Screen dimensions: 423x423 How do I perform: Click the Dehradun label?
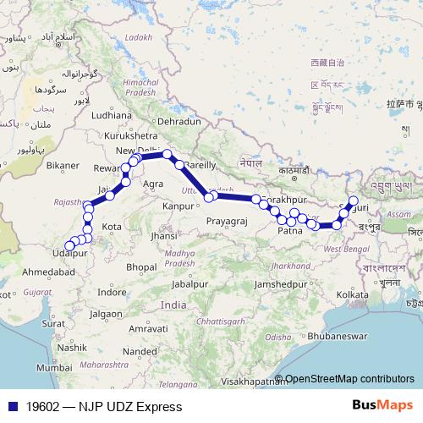click(177, 122)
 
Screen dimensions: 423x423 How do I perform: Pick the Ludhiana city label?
click(112, 114)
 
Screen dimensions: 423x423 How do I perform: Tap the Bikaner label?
click(63, 164)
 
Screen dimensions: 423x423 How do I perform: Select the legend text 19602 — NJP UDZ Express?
click(102, 406)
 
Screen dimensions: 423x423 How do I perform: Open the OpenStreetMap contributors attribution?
click(349, 379)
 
